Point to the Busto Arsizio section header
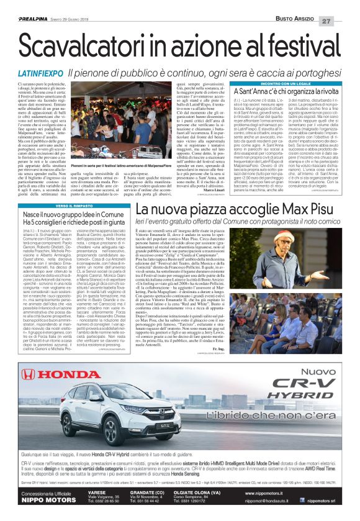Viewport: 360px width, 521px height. pyautogui.click(x=296, y=5)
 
